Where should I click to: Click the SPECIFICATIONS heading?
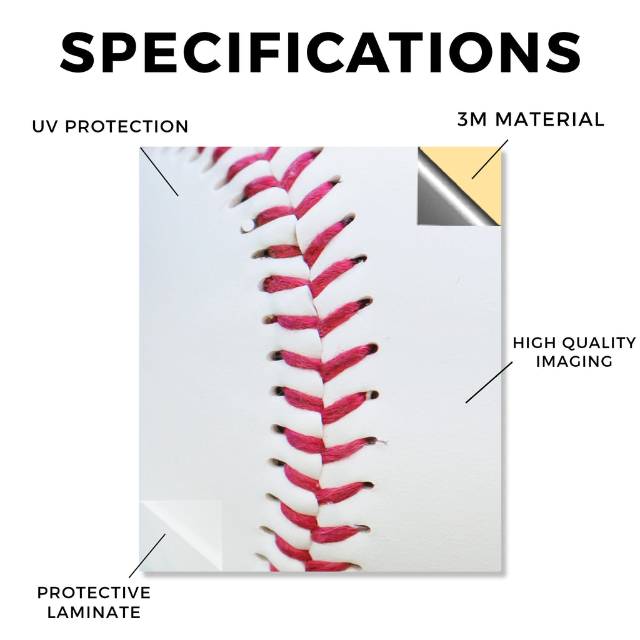pos(321,54)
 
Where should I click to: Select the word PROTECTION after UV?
pos(126,126)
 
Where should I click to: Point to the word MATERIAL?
pos(549,119)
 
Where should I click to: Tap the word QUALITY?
pos(599,343)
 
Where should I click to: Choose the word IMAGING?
pos(574,361)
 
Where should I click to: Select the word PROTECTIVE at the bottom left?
pos(94,592)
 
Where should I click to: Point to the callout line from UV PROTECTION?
pos(159,171)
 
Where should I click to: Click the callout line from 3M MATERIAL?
pos(490,159)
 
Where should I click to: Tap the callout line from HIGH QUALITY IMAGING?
pos(489,382)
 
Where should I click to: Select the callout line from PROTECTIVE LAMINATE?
pos(147,556)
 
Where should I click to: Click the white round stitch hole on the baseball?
pos(247,225)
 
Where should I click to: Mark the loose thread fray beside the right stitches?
pos(382,442)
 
